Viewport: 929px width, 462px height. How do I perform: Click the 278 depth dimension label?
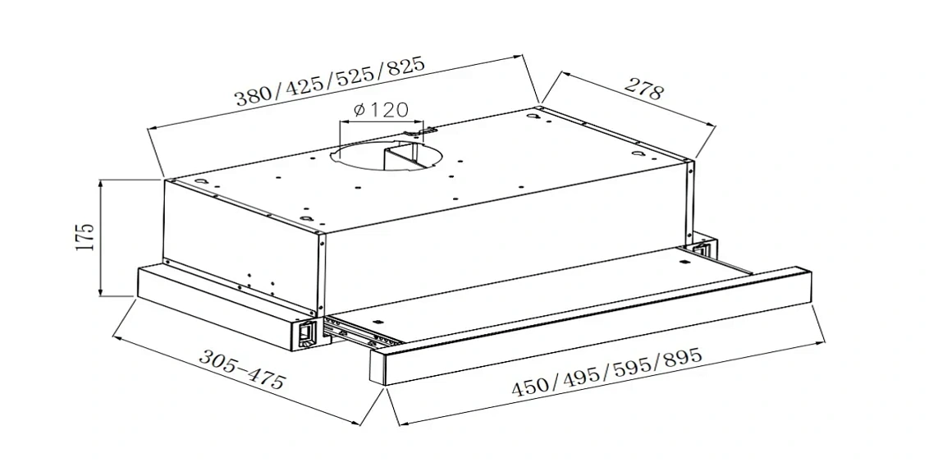[x=644, y=89]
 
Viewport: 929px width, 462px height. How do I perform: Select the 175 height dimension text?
[x=85, y=236]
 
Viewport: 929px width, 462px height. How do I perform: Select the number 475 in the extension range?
[x=265, y=379]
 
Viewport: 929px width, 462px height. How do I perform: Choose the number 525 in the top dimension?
[x=352, y=75]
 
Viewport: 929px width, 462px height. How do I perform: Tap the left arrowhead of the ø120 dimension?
[x=342, y=122]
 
